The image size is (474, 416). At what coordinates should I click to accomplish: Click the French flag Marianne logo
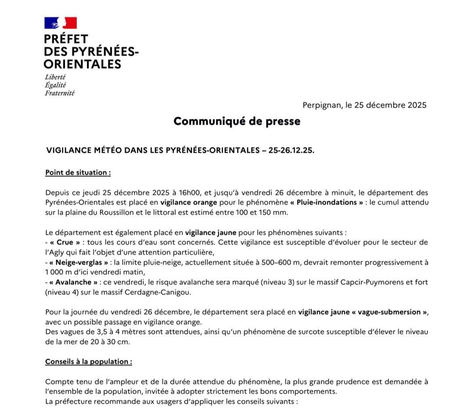[x=61, y=23]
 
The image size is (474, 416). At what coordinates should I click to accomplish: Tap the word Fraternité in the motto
[x=60, y=93]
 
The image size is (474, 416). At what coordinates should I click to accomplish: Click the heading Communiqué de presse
[x=237, y=122]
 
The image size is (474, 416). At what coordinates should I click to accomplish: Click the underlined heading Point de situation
[x=78, y=172]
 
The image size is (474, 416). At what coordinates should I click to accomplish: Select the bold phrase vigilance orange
[x=189, y=203]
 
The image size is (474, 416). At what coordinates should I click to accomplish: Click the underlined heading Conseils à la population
[x=88, y=362]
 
